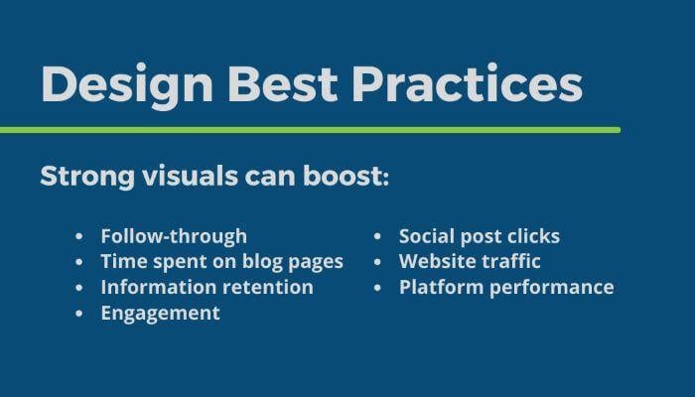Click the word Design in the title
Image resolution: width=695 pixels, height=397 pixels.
pos(127,85)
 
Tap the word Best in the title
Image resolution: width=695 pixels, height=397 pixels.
pos(283,84)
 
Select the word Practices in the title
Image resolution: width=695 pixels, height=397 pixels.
pos(468,83)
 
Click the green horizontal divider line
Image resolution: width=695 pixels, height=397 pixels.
pos(310,130)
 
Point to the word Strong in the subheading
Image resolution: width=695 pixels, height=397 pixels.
pos(87,177)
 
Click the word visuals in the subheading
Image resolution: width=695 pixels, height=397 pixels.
pos(191,176)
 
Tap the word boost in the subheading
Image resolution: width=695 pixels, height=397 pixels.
pos(343,176)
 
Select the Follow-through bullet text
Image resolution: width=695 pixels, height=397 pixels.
pos(174,236)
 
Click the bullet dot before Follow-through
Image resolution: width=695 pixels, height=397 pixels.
pos(79,236)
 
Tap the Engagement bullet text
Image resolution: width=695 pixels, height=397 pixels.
pos(161,314)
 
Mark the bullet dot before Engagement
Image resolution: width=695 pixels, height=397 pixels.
pos(79,314)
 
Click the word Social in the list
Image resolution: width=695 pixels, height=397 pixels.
pos(427,236)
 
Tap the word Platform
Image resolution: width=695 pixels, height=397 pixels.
pos(442,287)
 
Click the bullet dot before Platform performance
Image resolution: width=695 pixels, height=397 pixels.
pos(377,288)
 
